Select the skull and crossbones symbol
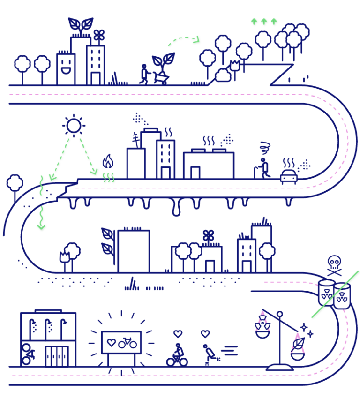(x=334, y=265)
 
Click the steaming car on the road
(x=289, y=176)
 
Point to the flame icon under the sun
(x=108, y=162)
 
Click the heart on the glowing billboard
(x=111, y=343)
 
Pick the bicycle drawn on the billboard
(x=127, y=343)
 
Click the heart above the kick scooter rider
(x=205, y=334)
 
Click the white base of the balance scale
(x=279, y=368)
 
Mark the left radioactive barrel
(x=326, y=293)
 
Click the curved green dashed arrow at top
(x=185, y=40)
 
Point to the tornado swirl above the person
(x=265, y=148)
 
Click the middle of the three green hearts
(x=264, y=22)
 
